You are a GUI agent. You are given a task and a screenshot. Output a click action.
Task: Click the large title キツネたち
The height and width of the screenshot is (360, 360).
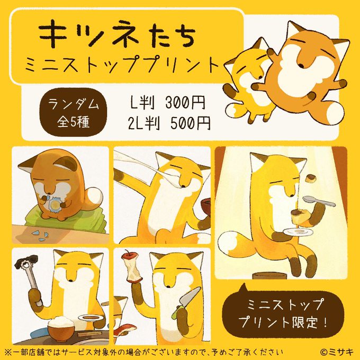point(117,34)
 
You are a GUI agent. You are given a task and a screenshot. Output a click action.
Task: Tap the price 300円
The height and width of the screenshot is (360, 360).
point(185,102)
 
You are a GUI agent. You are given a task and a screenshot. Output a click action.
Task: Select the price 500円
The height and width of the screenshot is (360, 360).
point(191,123)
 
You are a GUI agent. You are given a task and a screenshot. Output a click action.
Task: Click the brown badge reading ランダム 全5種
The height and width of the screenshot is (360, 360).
point(73,112)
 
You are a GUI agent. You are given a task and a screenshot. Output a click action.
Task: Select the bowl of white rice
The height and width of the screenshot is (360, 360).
point(61,327)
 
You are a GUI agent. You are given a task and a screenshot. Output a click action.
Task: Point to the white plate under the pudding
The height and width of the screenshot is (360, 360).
point(298,232)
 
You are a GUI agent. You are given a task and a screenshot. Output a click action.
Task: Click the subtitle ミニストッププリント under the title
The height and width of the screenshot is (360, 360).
point(122,64)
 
